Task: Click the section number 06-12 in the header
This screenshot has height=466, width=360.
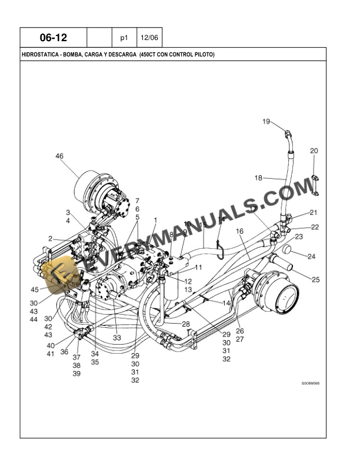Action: click(x=53, y=38)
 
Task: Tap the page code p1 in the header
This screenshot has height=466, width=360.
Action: click(x=124, y=38)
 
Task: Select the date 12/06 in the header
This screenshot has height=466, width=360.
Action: click(x=149, y=38)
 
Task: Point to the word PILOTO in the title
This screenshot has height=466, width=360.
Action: click(x=203, y=55)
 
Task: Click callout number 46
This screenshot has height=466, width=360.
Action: click(x=59, y=156)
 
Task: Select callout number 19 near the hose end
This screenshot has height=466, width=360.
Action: click(x=266, y=122)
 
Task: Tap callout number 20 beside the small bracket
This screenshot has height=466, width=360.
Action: click(x=314, y=151)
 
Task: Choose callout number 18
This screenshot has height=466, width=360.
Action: click(x=258, y=178)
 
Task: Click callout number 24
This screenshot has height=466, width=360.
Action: click(x=312, y=257)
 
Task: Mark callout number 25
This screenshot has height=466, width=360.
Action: click(x=315, y=279)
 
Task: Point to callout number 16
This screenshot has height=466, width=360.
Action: click(x=239, y=232)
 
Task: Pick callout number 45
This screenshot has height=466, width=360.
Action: click(x=35, y=289)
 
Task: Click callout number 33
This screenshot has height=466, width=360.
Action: click(x=117, y=338)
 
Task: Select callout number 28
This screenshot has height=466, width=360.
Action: click(x=186, y=324)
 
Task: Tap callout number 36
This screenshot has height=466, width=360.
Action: click(x=64, y=352)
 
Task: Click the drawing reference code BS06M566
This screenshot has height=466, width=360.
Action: click(x=311, y=383)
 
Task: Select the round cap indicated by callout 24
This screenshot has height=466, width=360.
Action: click(x=288, y=250)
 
